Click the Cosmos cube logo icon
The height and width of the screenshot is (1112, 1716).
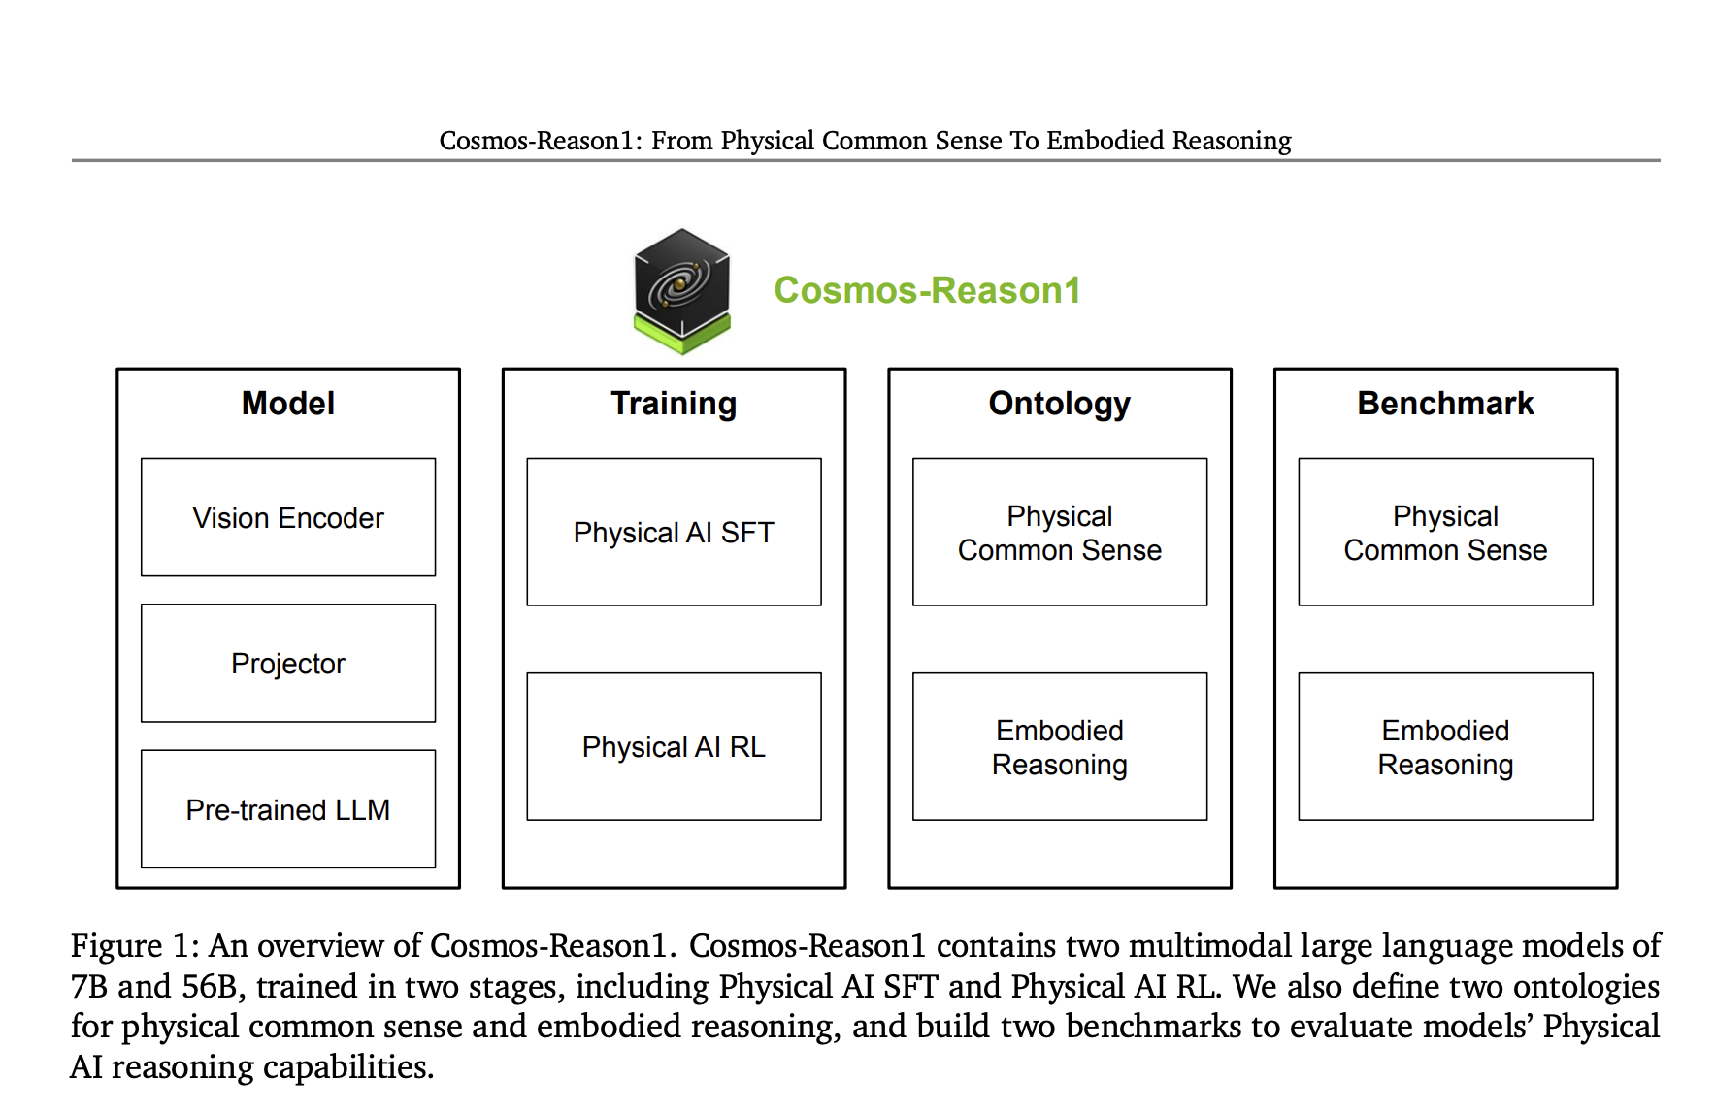[681, 290]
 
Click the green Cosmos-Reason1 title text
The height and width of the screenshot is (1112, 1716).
[927, 290]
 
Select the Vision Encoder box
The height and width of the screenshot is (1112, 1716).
[288, 517]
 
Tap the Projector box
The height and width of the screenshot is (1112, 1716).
[288, 663]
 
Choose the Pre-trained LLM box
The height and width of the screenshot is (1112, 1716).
[288, 808]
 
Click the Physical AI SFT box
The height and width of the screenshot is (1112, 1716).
[674, 532]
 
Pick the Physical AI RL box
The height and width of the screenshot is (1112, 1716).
[674, 746]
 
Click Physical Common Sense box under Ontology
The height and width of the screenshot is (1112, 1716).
[1060, 532]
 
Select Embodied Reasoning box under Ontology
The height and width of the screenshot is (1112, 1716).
[1060, 746]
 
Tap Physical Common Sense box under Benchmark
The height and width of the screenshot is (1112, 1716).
[1445, 532]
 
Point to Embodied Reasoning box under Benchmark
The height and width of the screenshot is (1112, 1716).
[1445, 746]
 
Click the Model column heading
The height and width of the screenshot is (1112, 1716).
[288, 403]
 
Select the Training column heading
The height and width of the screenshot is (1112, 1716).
[674, 403]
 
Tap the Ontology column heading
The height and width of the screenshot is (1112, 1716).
[1060, 404]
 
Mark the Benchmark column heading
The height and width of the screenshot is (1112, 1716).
[1445, 403]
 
